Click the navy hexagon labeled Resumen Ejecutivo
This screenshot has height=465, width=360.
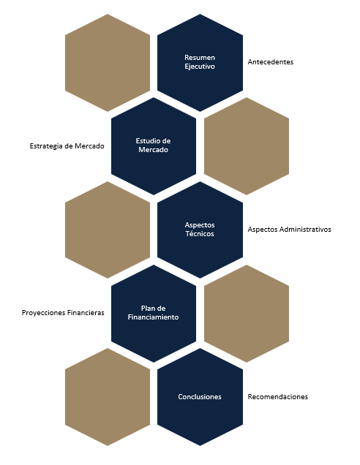pyautogui.click(x=200, y=63)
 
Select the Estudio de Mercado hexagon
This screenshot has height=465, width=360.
pyautogui.click(x=154, y=146)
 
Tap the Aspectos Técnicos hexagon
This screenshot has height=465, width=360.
pyautogui.click(x=200, y=230)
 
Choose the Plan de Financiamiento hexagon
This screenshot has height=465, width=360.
pyautogui.click(x=154, y=314)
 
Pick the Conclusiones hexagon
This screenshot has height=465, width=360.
pyautogui.click(x=200, y=397)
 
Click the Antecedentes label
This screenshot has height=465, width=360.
pyautogui.click(x=271, y=62)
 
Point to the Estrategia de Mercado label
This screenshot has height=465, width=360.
pyautogui.click(x=67, y=146)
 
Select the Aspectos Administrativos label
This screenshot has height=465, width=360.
pyautogui.click(x=289, y=230)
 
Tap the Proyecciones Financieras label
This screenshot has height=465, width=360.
pyautogui.click(x=63, y=313)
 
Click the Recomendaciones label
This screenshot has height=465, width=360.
pyautogui.click(x=278, y=397)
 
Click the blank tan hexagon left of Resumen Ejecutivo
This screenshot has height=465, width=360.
pyautogui.click(x=108, y=63)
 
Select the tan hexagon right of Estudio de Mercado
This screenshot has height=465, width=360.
pyautogui.click(x=247, y=146)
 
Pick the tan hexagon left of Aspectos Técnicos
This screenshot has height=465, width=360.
pyautogui.click(x=108, y=230)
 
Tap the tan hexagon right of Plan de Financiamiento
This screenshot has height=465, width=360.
pyautogui.click(x=247, y=314)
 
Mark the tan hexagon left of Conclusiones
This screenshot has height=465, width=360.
pyautogui.click(x=108, y=397)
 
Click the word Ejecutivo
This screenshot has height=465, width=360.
pyautogui.click(x=200, y=67)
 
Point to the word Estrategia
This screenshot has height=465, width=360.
pyautogui.click(x=46, y=146)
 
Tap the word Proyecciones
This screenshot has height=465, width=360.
pyautogui.click(x=43, y=313)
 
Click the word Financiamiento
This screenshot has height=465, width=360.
pyautogui.click(x=154, y=317)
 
